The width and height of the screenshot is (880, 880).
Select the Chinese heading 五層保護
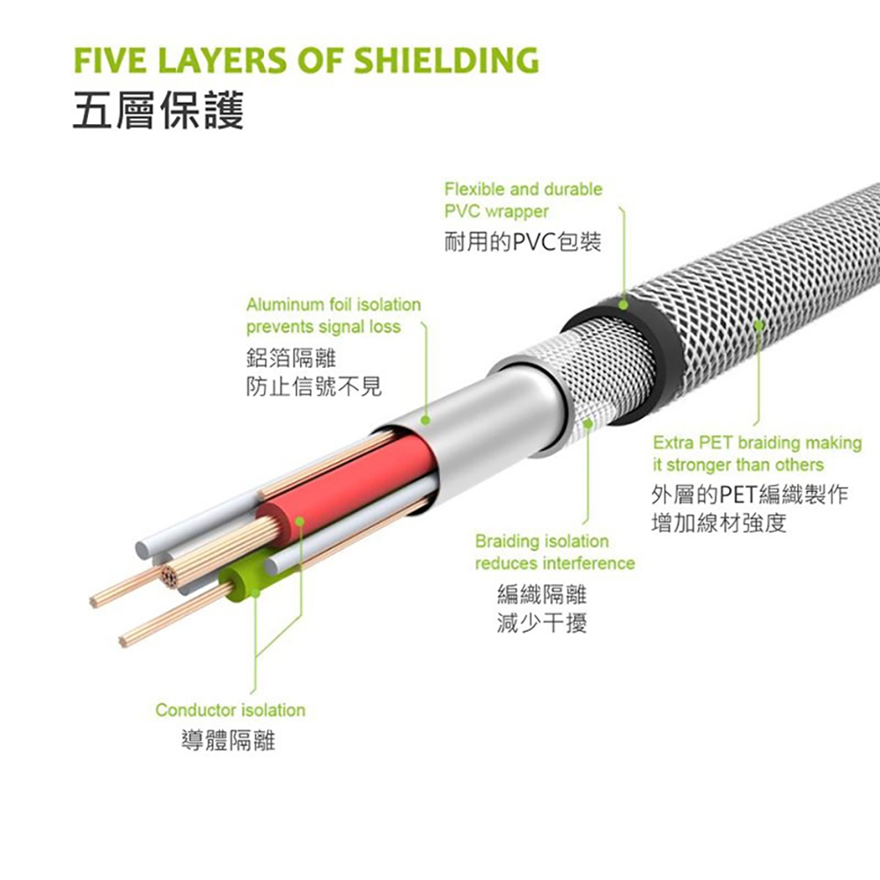tap(158, 109)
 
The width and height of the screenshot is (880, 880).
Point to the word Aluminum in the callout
tap(284, 304)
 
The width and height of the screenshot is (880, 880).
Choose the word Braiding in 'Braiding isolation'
tap(506, 541)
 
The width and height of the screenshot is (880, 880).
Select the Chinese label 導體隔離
tap(229, 740)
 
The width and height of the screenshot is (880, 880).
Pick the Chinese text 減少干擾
tap(541, 622)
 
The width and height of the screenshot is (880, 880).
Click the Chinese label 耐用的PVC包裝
tap(523, 242)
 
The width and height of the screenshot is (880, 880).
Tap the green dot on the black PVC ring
tap(623, 305)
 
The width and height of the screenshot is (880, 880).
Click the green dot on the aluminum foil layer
tap(425, 421)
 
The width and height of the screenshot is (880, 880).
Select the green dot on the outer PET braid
tap(759, 325)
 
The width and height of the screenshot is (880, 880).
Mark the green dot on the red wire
tap(300, 522)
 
